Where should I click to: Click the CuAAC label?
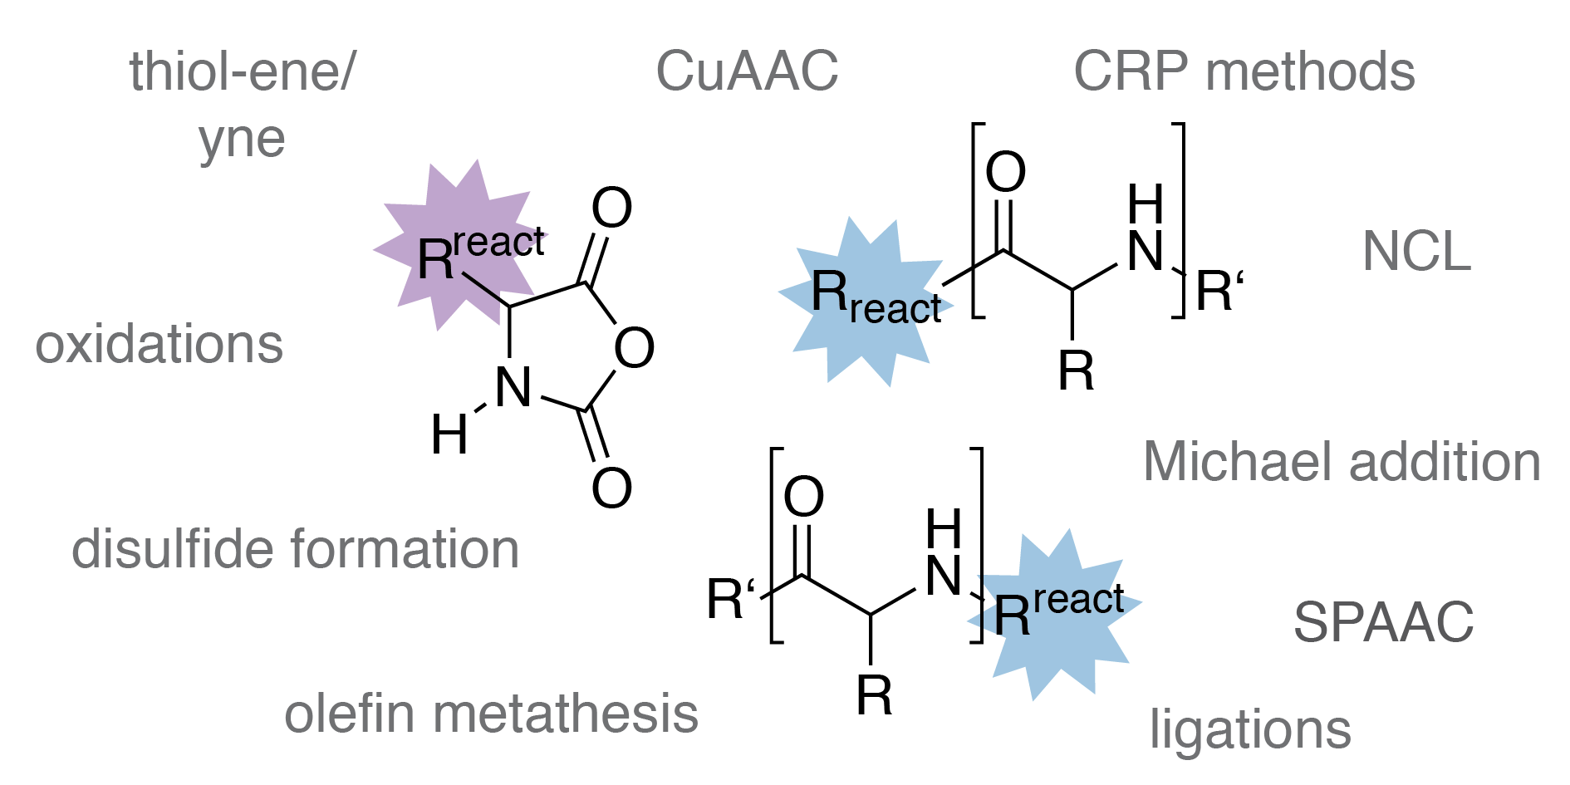(747, 71)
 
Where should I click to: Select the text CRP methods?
(1244, 71)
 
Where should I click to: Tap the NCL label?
(1417, 251)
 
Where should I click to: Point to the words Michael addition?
(1342, 461)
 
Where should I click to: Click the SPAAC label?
(1383, 621)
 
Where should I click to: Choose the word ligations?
(1250, 730)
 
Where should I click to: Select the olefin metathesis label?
(491, 714)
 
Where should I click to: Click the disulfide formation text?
(296, 549)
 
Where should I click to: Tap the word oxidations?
(159, 344)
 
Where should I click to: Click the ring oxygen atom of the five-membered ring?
(634, 348)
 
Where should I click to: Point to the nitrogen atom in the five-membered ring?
(513, 388)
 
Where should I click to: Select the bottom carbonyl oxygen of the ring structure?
(612, 488)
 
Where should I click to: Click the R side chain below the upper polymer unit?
(1076, 370)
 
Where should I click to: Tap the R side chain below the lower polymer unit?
(874, 695)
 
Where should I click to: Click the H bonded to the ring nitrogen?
(449, 434)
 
